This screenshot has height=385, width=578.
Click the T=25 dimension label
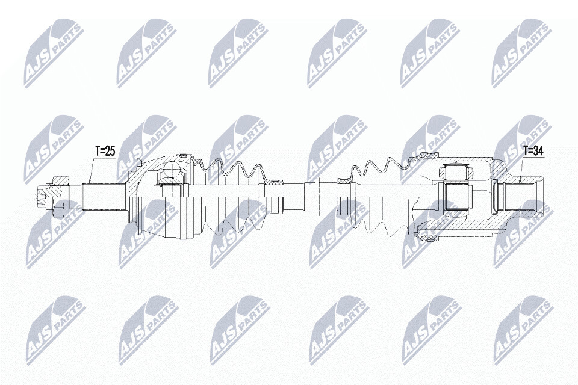pos(105,150)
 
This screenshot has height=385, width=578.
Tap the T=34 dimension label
pos(533,150)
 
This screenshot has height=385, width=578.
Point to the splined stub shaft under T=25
pos(104,196)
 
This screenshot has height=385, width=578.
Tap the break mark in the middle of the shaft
pos(317,196)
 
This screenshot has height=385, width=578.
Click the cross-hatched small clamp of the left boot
pos(275,182)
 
